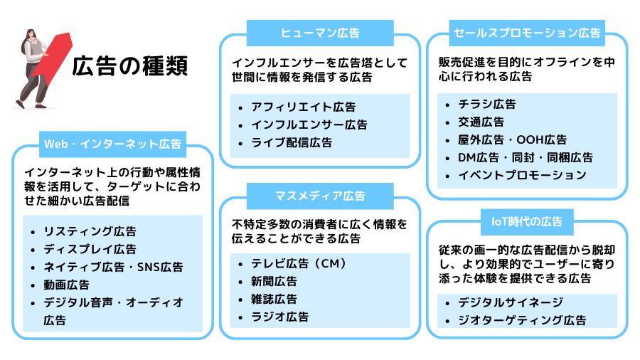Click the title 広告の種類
[x=130, y=66]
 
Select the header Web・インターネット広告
[x=113, y=144]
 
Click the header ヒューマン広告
[x=319, y=33]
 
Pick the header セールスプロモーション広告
[x=527, y=33]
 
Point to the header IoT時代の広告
[x=527, y=222]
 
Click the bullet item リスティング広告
[x=90, y=231]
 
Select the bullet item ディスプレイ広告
[x=90, y=249]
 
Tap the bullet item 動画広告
[x=66, y=285]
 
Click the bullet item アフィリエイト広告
[x=303, y=107]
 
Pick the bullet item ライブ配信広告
[x=292, y=143]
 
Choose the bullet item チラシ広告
[x=487, y=104]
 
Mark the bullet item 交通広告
[x=481, y=122]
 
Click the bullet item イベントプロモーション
[x=522, y=175]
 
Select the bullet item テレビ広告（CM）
[x=299, y=264]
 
